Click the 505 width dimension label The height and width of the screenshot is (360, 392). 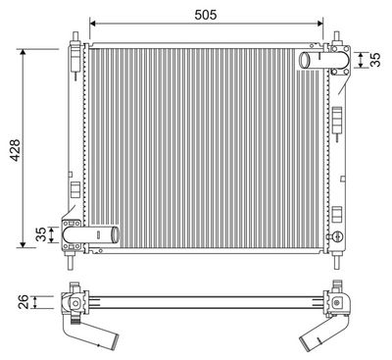click(206, 15)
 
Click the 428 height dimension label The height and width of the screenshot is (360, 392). click(15, 150)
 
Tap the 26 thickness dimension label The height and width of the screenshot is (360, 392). click(24, 302)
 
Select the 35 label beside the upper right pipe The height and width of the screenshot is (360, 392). click(375, 60)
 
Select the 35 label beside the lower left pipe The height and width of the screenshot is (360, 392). click(41, 234)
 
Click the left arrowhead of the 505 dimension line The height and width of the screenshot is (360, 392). click(92, 24)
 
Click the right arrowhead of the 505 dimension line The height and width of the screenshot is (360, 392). click(319, 24)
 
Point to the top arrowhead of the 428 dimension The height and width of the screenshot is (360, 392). click(23, 52)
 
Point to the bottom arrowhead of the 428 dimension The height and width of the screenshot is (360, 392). click(23, 244)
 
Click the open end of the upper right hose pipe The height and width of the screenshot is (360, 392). click(305, 60)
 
